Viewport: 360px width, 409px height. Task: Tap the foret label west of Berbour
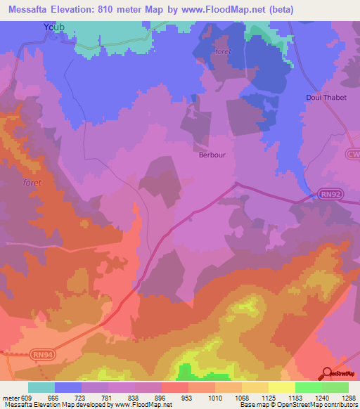pos(32,183)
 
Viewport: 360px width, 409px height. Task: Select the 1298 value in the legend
pos(348,397)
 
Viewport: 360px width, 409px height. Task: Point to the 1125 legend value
pos(269,397)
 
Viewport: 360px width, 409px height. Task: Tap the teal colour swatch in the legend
pos(41,387)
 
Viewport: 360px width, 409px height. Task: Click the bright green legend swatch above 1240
pos(308,387)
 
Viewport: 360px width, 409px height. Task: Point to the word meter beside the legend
pos(10,397)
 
